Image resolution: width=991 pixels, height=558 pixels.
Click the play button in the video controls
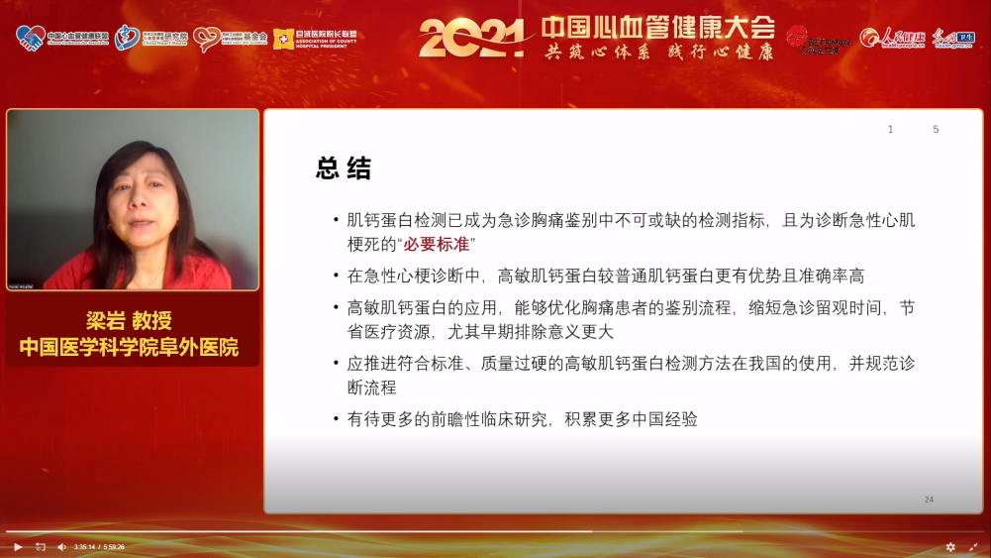(18, 546)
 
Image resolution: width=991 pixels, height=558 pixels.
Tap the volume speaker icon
(61, 546)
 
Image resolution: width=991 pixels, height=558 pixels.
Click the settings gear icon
(950, 546)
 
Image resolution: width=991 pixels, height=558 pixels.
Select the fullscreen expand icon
(973, 546)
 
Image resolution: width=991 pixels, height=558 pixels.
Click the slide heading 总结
(344, 168)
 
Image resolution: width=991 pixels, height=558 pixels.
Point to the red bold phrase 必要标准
(436, 244)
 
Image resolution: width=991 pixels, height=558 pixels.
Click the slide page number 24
(929, 500)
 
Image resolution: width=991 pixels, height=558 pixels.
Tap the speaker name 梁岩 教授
(129, 321)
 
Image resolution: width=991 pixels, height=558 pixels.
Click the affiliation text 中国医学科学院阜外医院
(129, 347)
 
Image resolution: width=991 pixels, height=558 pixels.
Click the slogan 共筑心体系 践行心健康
(659, 53)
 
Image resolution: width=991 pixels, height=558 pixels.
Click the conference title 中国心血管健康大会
(658, 27)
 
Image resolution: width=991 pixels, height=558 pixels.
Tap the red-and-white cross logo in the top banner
(284, 39)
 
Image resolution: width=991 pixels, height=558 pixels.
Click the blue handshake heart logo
(30, 38)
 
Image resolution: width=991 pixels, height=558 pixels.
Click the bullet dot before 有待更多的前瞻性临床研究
(336, 419)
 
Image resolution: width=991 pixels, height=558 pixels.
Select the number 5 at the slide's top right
(936, 130)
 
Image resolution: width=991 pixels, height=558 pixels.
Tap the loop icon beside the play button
(41, 546)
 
